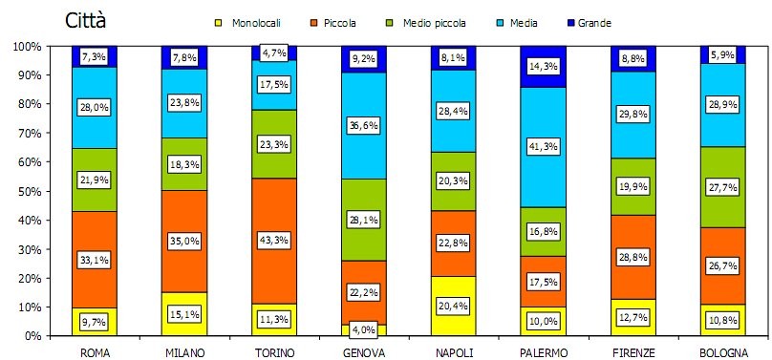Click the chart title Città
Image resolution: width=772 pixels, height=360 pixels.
pos(86,20)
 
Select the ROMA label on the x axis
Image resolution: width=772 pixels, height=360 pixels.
pos(95,351)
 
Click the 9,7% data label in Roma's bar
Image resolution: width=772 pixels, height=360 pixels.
pos(95,324)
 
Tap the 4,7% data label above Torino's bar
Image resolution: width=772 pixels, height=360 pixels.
pos(274,53)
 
